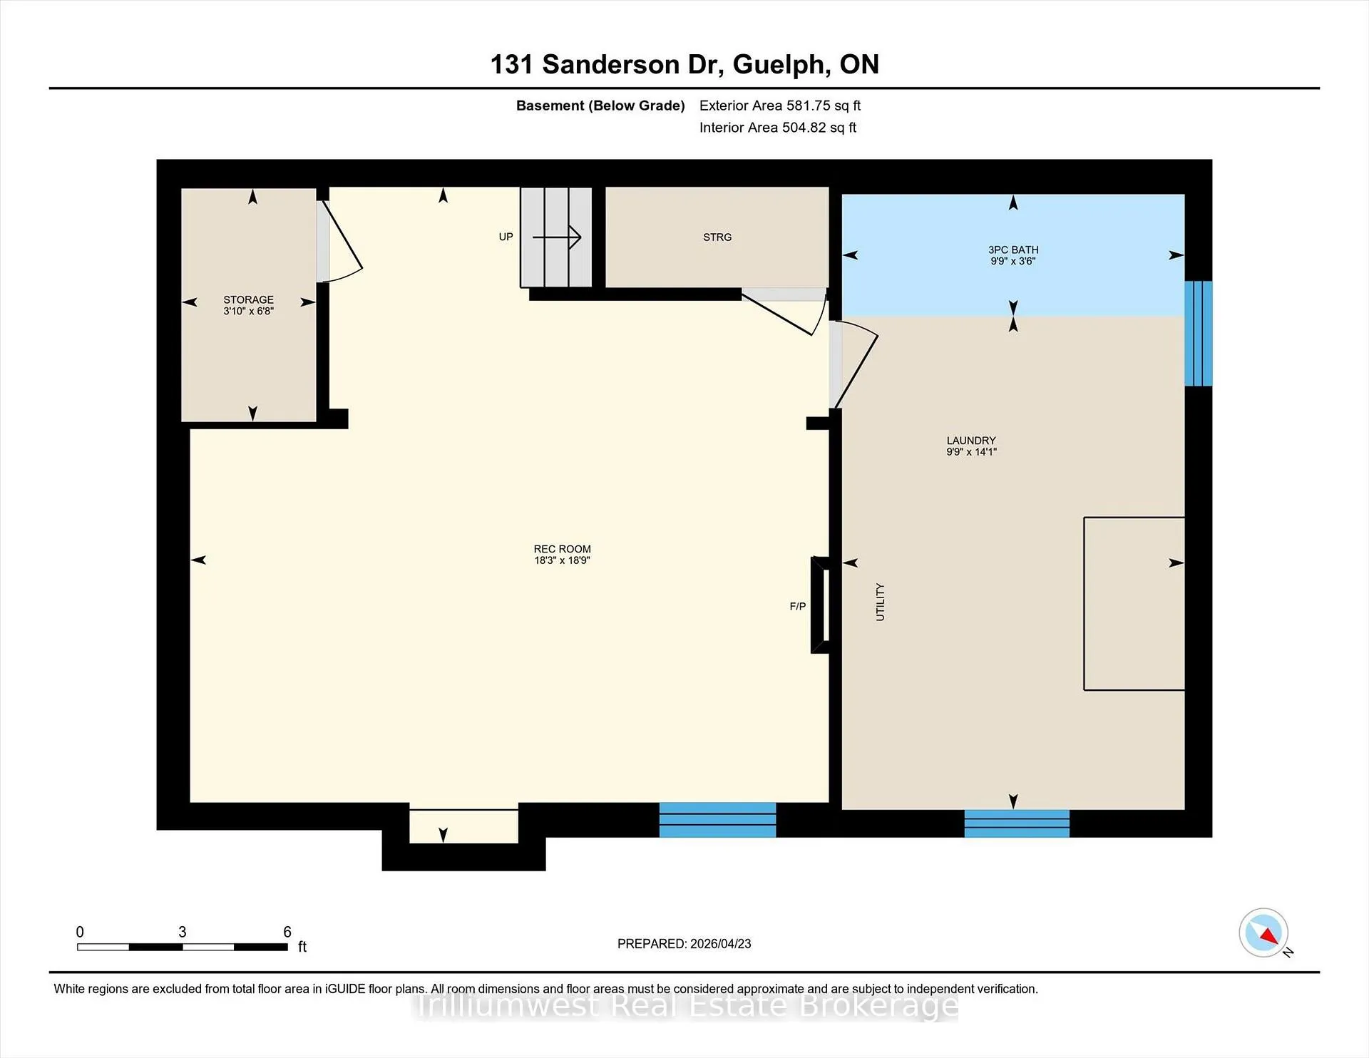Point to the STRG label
(717, 237)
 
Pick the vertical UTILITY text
(880, 602)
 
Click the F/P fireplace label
(798, 607)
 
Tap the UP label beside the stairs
(506, 237)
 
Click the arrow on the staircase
(557, 237)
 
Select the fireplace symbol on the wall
(820, 605)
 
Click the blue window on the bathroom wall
(1199, 334)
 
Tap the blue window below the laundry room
(1017, 823)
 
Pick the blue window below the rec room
(717, 820)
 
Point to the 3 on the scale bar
(183, 932)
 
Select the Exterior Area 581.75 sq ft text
(780, 106)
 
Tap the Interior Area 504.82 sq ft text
(778, 128)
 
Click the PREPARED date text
(684, 944)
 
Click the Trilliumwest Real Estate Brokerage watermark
(686, 1007)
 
